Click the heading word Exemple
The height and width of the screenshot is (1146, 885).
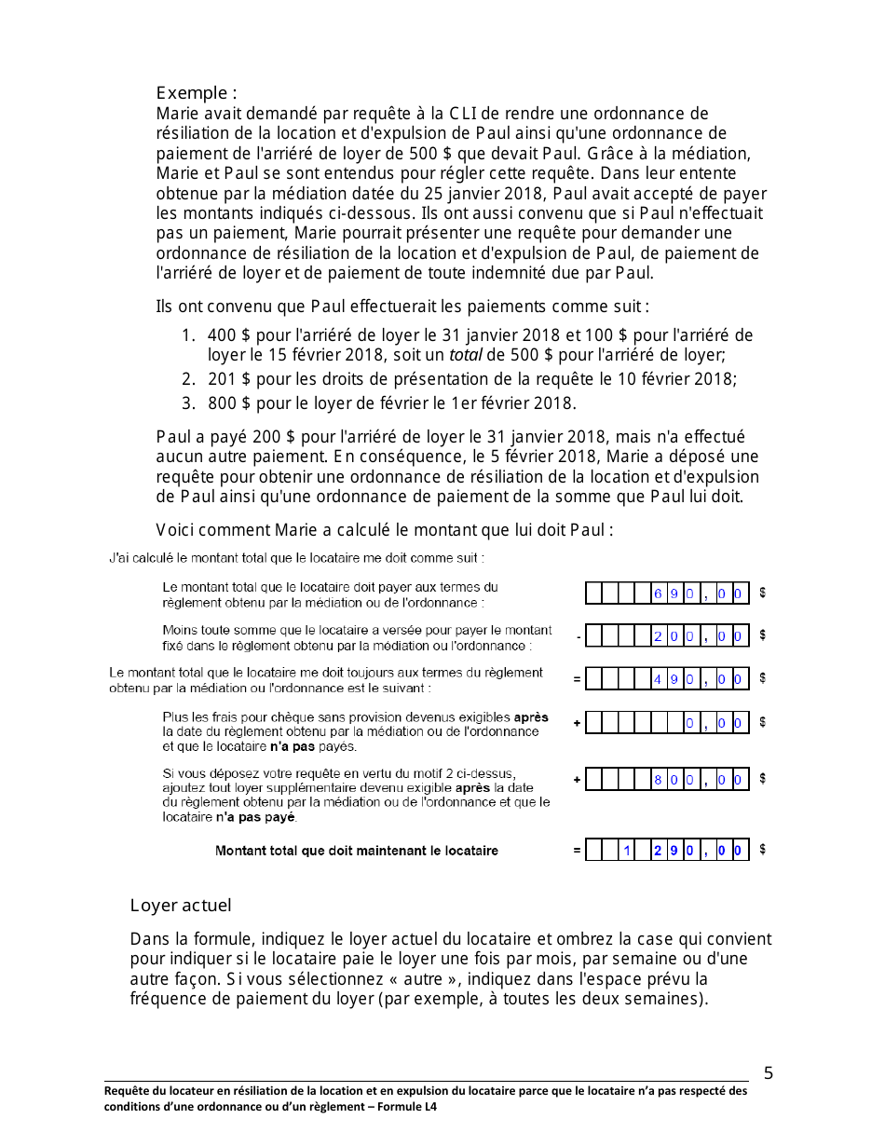(x=192, y=93)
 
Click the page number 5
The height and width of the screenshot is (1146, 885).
(x=768, y=1072)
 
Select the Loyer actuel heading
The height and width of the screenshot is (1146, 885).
(x=181, y=906)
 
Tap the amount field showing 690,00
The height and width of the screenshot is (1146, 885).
(x=667, y=593)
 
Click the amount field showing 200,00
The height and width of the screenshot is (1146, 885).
(x=667, y=636)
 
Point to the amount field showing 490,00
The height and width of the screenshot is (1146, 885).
(x=667, y=679)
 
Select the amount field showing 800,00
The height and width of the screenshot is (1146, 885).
(x=667, y=780)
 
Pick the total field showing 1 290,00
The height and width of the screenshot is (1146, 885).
(x=667, y=850)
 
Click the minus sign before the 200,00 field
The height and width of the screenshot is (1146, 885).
(x=578, y=637)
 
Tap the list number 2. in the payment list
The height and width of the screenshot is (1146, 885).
(x=188, y=379)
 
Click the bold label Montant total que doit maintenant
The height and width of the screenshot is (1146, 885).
(x=356, y=851)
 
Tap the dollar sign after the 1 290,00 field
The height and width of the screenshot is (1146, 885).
(x=763, y=850)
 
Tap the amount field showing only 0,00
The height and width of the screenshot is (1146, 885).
(x=667, y=723)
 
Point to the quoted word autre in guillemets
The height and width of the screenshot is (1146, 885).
(x=424, y=979)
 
